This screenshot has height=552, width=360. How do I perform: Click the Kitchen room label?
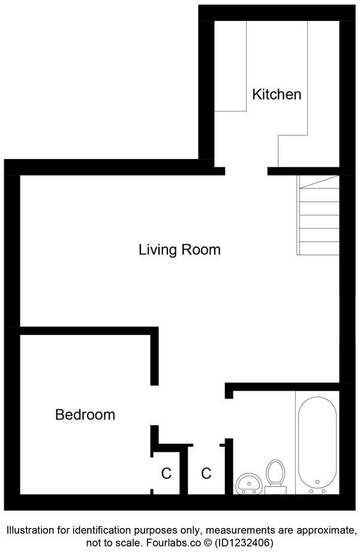click(276, 94)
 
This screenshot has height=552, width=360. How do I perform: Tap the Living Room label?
click(179, 249)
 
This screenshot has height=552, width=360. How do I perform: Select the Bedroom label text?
click(85, 414)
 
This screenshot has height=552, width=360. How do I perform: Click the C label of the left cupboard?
click(166, 473)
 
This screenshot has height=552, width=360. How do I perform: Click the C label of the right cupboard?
click(206, 473)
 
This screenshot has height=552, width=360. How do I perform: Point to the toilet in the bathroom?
click(275, 475)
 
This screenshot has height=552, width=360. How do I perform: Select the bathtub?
click(316, 441)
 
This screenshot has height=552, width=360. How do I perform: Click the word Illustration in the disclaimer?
click(34, 530)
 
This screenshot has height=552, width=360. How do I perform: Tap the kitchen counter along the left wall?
click(231, 66)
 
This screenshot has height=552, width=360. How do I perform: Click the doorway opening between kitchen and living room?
click(246, 171)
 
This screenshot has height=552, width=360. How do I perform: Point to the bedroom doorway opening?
click(154, 405)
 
